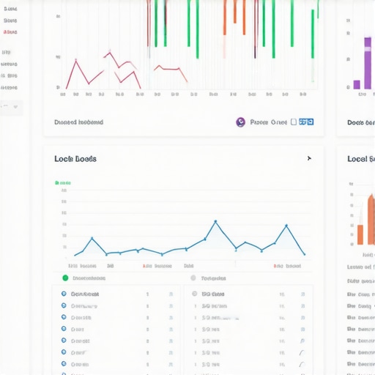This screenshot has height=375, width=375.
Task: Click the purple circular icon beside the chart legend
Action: [x=240, y=122]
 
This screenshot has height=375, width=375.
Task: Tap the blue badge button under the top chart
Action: [x=306, y=122]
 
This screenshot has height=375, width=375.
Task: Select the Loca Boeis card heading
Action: [x=75, y=159]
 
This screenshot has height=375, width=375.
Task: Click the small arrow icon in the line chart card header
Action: [x=309, y=158]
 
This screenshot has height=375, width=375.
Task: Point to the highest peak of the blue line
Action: [x=215, y=221]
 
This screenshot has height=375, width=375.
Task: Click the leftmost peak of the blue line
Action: [x=92, y=238]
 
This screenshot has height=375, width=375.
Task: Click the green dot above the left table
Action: [x=65, y=278]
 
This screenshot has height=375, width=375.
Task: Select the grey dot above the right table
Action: [x=193, y=278]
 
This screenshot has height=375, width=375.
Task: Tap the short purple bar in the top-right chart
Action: [x=357, y=84]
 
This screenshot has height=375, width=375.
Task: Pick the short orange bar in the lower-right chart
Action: [x=360, y=234]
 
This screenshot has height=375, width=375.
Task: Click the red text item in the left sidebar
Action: [x=10, y=32]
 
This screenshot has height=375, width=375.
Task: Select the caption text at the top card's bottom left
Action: [x=78, y=122]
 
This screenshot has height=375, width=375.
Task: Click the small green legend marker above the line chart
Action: [x=58, y=182]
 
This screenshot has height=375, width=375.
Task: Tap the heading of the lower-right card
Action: [x=360, y=159]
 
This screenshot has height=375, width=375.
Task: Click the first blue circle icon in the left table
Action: [x=64, y=294]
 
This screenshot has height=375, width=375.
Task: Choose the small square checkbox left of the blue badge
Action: [x=293, y=122]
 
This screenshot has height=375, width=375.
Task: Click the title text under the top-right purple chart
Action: [x=360, y=122]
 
